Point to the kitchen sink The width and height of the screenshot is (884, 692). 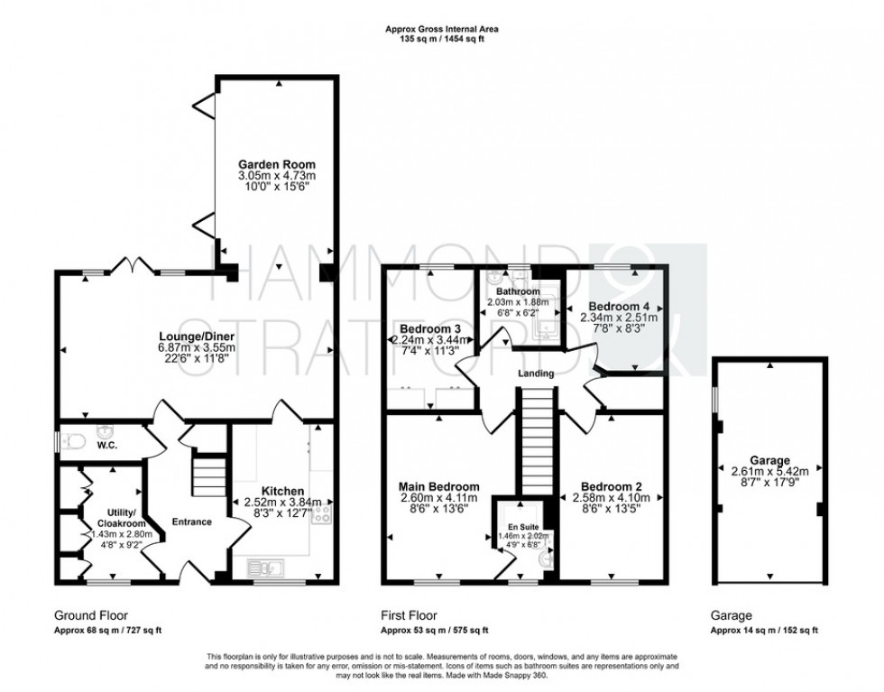pos(267,567)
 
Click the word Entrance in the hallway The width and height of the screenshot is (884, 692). pos(191,521)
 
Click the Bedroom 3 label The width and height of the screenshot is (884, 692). pos(430,328)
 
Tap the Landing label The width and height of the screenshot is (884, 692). pos(536,374)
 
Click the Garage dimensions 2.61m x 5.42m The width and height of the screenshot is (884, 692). pos(769,470)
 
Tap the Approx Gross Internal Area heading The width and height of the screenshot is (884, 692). pos(441,30)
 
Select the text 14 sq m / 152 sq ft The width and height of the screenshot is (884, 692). pos(774,630)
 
